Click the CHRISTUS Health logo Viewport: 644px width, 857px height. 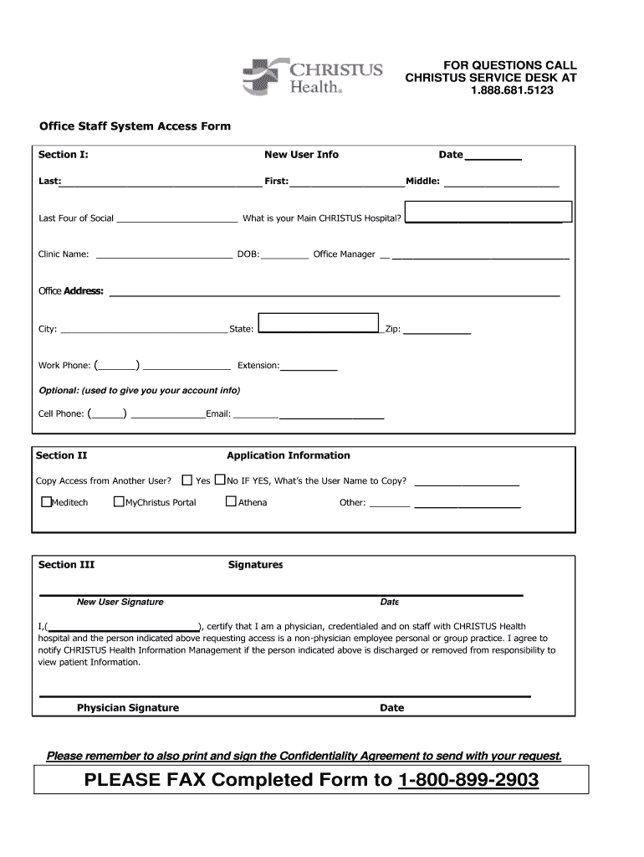tap(312, 76)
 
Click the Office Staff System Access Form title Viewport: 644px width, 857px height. tap(135, 126)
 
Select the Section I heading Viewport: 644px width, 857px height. tap(64, 155)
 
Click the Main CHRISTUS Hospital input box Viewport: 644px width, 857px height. tap(488, 212)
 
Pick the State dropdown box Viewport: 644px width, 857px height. tap(319, 323)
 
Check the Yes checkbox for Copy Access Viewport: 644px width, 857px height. tap(187, 480)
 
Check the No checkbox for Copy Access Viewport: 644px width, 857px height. tap(220, 480)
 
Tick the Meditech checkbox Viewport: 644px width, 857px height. tap(47, 502)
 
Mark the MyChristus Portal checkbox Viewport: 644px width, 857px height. tap(119, 502)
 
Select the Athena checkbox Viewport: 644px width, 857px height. tap(232, 502)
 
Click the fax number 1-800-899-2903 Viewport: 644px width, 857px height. tap(468, 781)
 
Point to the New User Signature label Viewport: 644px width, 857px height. tap(120, 602)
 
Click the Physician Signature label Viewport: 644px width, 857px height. tap(128, 708)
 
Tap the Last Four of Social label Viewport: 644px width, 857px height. tap(76, 218)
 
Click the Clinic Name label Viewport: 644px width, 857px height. tap(64, 254)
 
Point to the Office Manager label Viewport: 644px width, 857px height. tap(344, 254)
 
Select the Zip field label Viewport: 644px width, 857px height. tap(392, 330)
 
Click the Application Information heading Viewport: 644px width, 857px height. tap(289, 456)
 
